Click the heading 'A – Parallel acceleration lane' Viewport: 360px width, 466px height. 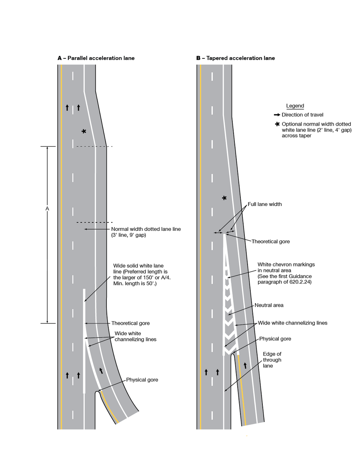coord(96,58)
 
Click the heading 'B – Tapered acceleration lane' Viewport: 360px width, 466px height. coord(235,58)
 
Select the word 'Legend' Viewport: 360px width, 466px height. coord(295,106)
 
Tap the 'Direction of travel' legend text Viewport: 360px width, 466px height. coord(302,115)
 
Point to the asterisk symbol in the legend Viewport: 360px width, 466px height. coord(278,124)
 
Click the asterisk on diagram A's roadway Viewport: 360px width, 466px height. coord(84,131)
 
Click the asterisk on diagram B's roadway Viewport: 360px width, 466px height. coord(224,198)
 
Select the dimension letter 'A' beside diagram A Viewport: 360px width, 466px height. coord(47,209)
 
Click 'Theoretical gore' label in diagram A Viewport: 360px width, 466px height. coord(130,323)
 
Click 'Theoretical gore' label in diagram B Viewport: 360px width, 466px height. coord(270,242)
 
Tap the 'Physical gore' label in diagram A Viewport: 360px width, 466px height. coord(142,380)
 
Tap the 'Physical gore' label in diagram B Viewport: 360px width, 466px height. coord(275,339)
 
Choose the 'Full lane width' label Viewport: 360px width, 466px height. coord(264,204)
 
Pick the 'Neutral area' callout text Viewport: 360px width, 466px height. coord(269,305)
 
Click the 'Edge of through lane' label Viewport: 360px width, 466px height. coord(272,360)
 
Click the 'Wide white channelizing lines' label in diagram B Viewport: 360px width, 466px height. coord(292,323)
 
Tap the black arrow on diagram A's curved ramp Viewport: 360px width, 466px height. coord(101,370)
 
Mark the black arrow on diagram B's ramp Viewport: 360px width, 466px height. coord(245,365)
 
